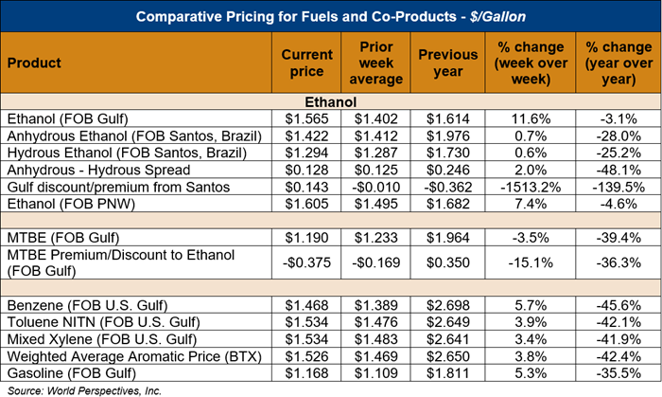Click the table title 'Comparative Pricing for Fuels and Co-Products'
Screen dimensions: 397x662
(x=331, y=15)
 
